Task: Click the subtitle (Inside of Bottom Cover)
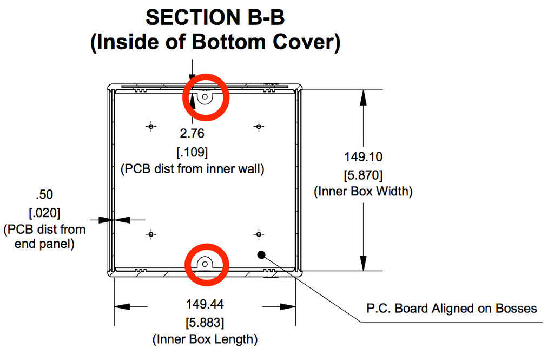(215, 42)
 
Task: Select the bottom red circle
(206, 264)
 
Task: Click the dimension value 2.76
(192, 133)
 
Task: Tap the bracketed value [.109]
(192, 151)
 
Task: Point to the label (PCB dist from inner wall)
(192, 169)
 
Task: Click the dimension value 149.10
(364, 156)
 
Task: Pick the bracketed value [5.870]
(364, 174)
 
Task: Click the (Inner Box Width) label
(364, 192)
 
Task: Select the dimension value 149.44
(205, 304)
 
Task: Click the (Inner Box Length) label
(205, 340)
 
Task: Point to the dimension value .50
(44, 194)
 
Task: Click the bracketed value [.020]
(44, 212)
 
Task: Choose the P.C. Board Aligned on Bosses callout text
(452, 309)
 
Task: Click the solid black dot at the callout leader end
(261, 254)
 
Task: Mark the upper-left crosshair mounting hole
(151, 126)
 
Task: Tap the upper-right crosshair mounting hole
(259, 126)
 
